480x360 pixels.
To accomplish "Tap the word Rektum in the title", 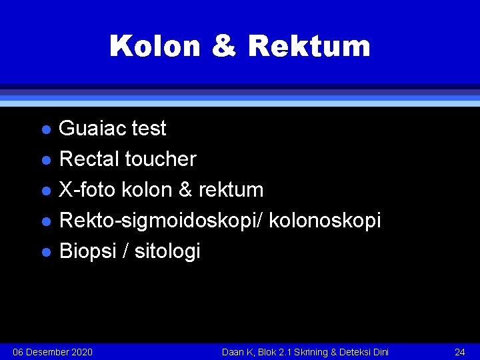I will pyautogui.click(x=309, y=47).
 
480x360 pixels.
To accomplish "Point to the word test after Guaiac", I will pyautogui.click(x=149, y=128).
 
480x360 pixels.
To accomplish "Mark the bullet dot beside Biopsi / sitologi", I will pyautogui.click(x=45, y=252).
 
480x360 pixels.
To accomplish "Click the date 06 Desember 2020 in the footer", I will pyautogui.click(x=53, y=351).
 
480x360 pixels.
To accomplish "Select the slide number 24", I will pyautogui.click(x=459, y=351).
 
